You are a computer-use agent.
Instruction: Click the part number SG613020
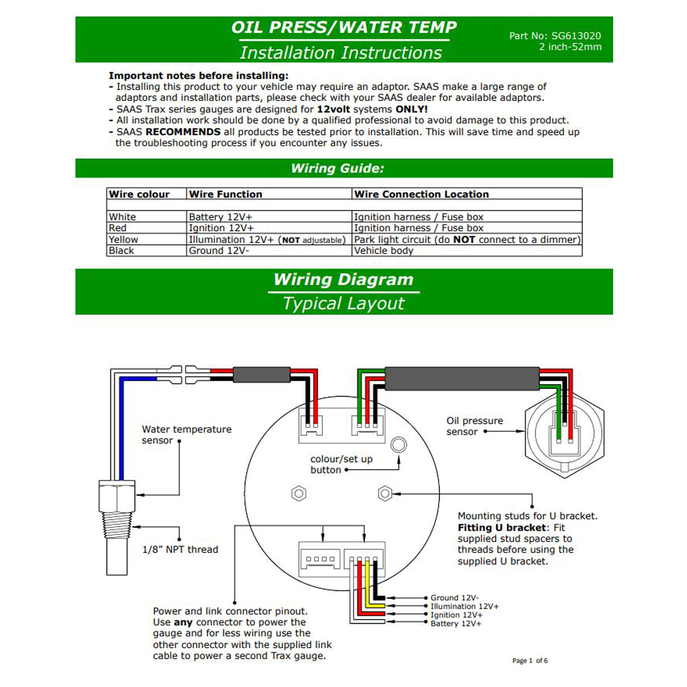[576, 36]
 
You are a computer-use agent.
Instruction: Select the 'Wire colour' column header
[139, 194]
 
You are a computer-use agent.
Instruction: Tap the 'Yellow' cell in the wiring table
[124, 240]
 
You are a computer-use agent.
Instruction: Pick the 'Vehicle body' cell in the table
[383, 251]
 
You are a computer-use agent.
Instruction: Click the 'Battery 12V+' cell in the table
[220, 217]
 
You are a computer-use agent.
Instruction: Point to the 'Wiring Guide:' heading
[337, 168]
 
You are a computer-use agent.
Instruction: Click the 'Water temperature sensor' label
[186, 435]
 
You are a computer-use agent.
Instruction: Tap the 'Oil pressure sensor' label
[474, 426]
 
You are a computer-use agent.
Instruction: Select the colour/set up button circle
[398, 445]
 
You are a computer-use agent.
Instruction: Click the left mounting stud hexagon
[299, 493]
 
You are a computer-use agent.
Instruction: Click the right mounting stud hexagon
[385, 493]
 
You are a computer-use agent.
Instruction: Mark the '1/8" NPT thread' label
[180, 550]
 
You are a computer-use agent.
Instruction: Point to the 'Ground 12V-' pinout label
[454, 598]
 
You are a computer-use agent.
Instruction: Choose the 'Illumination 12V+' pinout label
[464, 606]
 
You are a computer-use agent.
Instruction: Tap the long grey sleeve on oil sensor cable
[462, 378]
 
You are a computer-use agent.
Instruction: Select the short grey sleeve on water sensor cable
[261, 374]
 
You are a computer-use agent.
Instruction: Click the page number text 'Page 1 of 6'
[530, 660]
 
